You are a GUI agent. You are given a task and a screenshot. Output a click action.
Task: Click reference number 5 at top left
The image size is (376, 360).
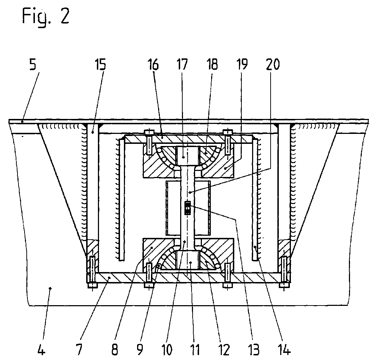coord(33,64)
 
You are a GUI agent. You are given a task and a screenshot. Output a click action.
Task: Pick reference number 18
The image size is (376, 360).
coord(211,64)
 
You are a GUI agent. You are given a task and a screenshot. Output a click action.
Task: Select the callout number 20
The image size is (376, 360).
coord(273,64)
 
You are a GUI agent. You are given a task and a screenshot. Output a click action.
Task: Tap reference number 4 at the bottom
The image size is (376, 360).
coord(42,350)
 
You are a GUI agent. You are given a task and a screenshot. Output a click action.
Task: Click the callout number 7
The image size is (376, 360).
coord(79,350)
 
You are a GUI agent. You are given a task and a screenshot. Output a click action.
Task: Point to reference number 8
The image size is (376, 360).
coord(115,350)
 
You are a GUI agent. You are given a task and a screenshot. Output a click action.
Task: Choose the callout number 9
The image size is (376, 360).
coord(140,350)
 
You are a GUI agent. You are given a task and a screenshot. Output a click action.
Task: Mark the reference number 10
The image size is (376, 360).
coord(166,350)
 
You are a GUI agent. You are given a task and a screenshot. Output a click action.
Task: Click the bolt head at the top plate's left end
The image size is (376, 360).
coord(149,132)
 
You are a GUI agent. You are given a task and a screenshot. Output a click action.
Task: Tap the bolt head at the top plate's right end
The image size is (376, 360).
coord(228,132)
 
